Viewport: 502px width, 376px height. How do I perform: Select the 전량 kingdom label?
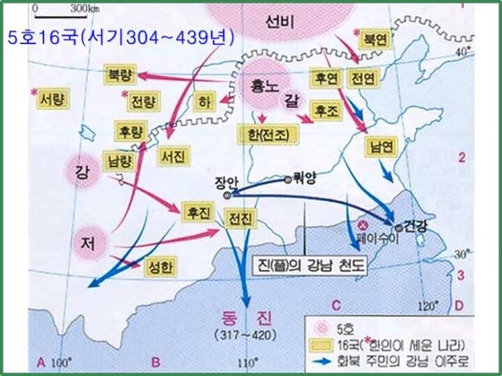click(144, 103)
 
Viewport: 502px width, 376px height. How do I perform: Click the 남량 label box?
click(117, 159)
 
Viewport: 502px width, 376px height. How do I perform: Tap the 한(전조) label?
click(268, 133)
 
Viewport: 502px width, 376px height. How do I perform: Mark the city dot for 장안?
click(227, 195)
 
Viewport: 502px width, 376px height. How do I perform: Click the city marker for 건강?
click(397, 227)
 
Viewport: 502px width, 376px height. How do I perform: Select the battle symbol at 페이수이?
click(363, 225)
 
